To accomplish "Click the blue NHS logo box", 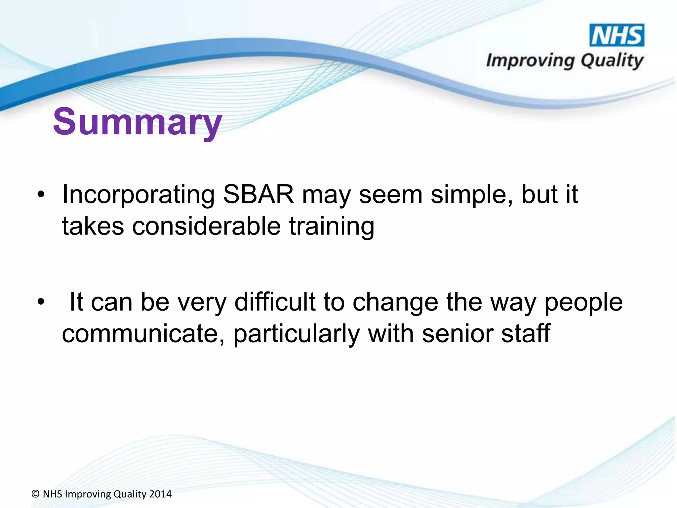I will point(617,35).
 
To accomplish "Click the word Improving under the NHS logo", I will point(530,61).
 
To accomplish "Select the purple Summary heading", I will point(137,122).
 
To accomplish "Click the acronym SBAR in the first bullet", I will point(258,194).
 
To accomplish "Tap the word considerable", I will point(207,227).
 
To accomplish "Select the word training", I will point(332,227).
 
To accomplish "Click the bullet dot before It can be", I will point(41,302).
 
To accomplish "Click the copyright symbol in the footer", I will point(35,494).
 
